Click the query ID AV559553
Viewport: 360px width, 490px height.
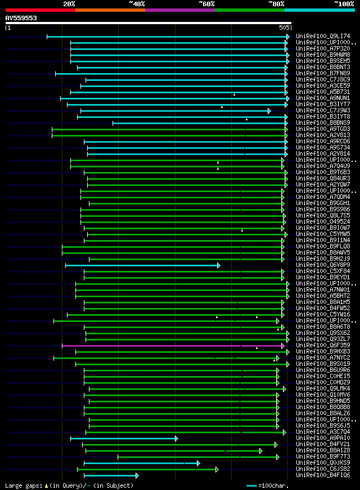coord(21,18)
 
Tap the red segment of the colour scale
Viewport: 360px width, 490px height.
coord(40,10)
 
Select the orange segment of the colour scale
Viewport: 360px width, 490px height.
coord(110,10)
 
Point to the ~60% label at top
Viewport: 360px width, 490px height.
coord(206,4)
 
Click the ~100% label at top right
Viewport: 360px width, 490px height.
coord(344,4)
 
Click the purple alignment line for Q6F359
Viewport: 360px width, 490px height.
coord(169,346)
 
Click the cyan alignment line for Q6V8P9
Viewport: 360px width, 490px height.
coord(141,265)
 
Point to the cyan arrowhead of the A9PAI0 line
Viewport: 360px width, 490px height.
coord(176,438)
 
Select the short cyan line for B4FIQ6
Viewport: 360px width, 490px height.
coord(110,475)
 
